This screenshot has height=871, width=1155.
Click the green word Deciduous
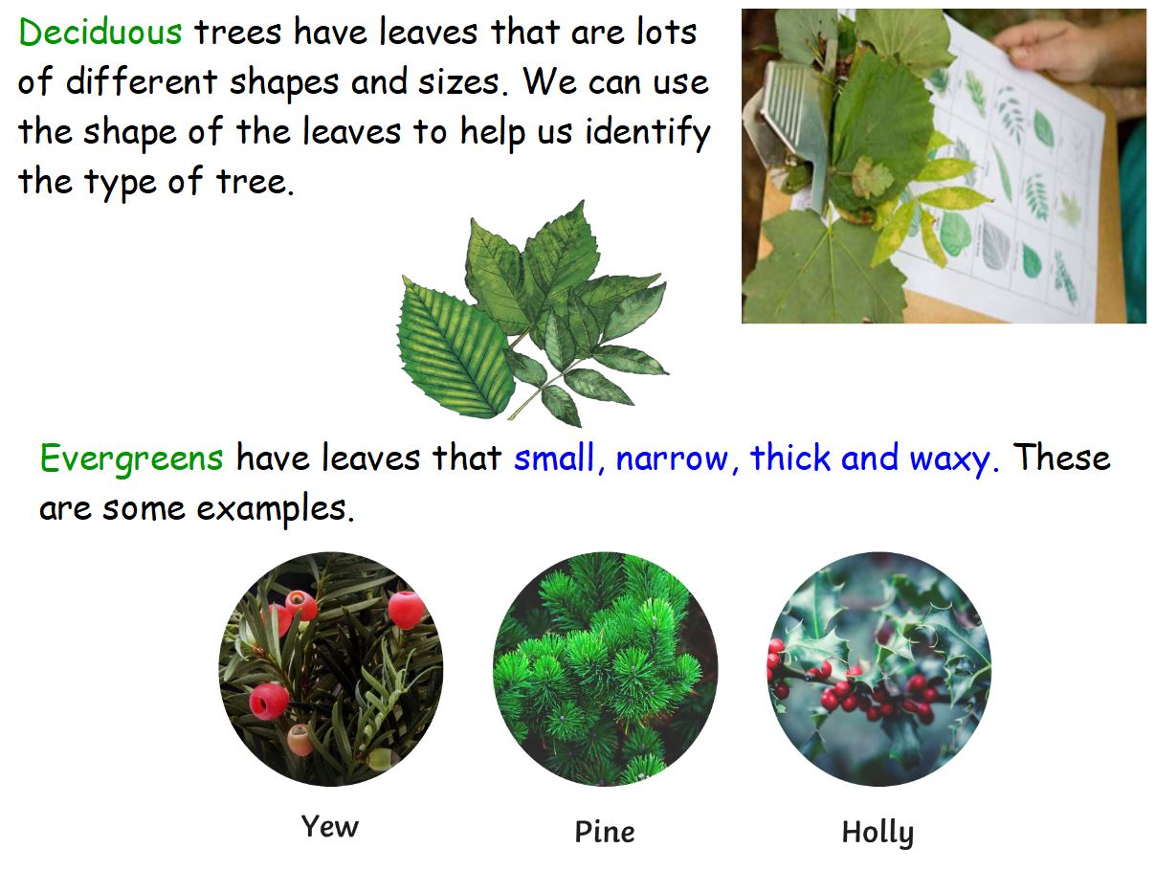click(100, 33)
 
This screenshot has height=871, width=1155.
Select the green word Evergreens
click(131, 458)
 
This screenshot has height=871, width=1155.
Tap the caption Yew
click(329, 826)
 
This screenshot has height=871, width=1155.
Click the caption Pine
click(604, 831)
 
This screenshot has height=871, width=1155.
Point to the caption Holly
click(877, 833)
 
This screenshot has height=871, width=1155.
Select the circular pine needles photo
click(605, 668)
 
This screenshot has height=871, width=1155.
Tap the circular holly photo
click(878, 668)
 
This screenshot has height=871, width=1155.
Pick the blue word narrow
click(673, 458)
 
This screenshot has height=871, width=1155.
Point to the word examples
click(276, 508)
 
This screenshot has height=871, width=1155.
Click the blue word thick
click(790, 458)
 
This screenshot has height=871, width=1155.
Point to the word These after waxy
click(1062, 458)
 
